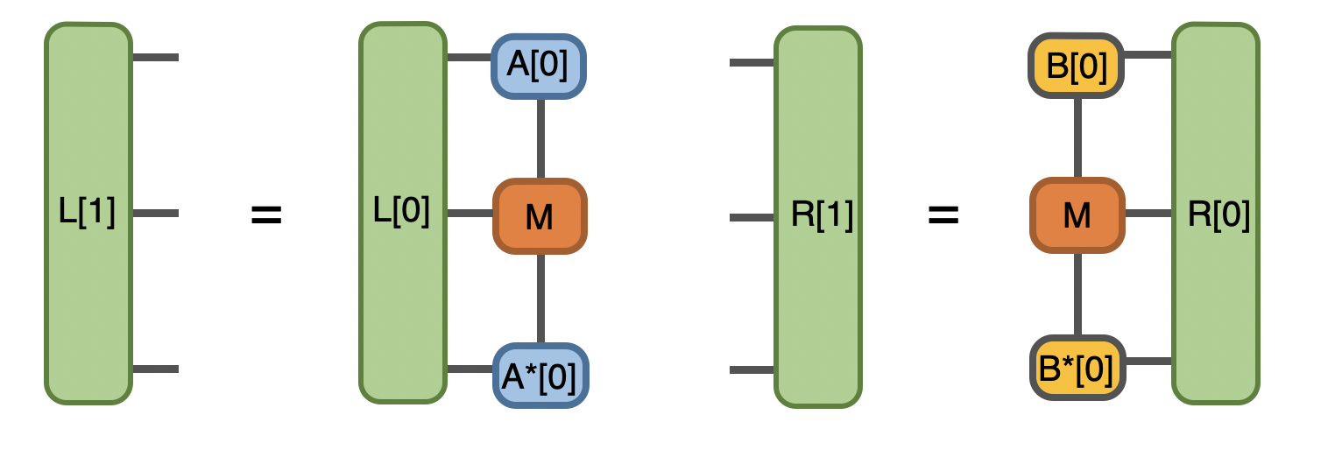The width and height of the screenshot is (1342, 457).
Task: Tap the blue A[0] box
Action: point(538,66)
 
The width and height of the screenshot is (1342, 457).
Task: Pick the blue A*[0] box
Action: point(540,376)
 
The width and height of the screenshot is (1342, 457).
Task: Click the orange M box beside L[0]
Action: point(539,216)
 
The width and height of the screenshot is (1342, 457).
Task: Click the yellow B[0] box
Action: point(1077,65)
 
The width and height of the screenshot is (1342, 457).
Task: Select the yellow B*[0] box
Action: point(1077,368)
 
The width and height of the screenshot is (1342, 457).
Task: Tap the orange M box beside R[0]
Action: point(1077,215)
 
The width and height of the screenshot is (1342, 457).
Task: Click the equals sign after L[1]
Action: point(266,215)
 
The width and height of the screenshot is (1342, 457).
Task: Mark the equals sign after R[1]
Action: point(943,215)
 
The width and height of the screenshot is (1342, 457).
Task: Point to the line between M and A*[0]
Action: point(540,298)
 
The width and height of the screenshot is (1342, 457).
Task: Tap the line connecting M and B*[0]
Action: point(1077,295)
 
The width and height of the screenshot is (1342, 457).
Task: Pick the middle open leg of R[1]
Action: point(752,217)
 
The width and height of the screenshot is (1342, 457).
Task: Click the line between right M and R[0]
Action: point(1148,213)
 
